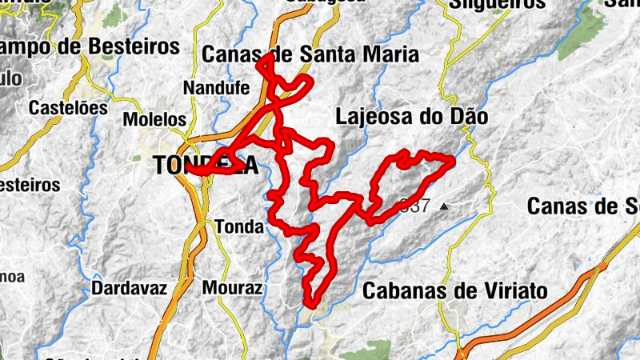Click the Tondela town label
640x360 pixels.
206,166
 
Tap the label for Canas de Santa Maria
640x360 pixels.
310,54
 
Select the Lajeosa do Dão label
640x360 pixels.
411,117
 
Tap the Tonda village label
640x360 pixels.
238,227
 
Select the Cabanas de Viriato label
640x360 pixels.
455,290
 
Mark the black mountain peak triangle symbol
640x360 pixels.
444,206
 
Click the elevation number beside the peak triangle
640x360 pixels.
416,206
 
